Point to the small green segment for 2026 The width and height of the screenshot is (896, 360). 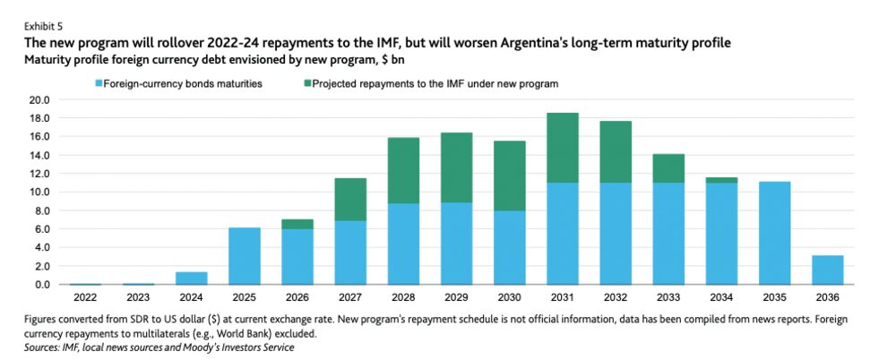299,224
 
